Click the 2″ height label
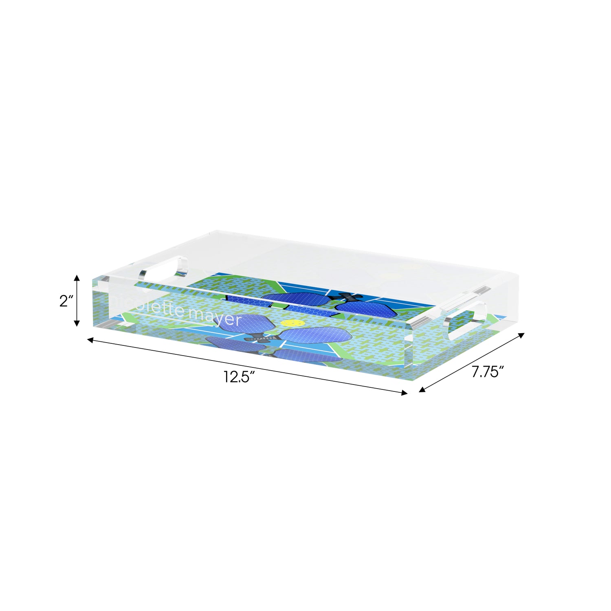point(66,301)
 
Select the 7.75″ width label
point(488,372)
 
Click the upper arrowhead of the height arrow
point(77,278)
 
